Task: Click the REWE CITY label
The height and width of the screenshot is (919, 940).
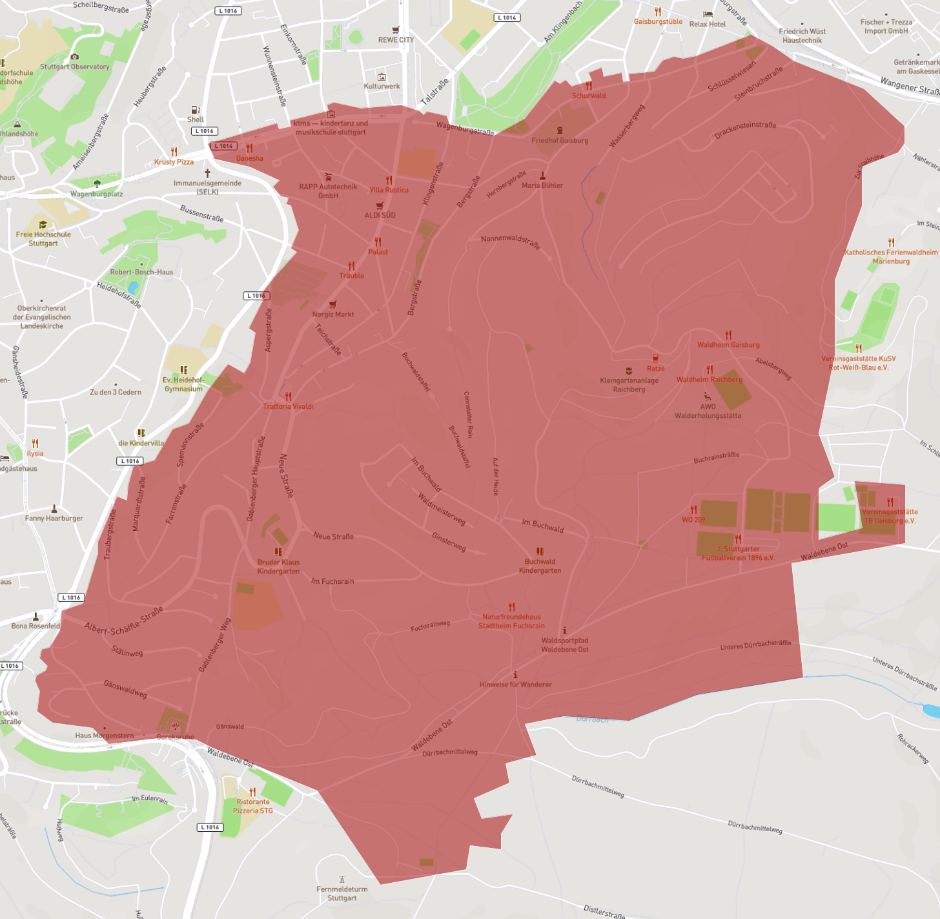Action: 396,40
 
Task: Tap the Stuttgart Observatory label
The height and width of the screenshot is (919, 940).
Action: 75,67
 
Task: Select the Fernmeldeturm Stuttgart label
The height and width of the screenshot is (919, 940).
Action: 342,894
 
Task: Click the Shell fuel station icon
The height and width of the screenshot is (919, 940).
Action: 195,110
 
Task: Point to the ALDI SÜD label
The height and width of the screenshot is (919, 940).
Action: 380,215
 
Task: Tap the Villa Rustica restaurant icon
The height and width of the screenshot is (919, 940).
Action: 389,180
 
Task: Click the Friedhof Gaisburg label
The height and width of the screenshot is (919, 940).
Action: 560,140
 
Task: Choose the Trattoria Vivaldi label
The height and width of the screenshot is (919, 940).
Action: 288,406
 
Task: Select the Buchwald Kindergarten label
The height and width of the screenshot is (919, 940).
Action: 540,566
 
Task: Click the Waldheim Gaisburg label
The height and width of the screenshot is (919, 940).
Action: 728,345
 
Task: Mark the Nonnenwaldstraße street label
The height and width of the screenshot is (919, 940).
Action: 510,242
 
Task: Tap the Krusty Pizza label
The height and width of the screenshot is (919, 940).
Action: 174,162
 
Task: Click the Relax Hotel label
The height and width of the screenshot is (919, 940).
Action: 708,24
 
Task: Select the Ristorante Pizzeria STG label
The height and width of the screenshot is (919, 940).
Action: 252,806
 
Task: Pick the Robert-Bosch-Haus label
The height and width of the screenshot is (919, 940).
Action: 141,272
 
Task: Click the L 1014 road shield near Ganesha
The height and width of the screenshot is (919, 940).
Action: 224,146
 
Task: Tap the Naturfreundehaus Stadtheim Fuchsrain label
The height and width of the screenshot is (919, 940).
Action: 511,621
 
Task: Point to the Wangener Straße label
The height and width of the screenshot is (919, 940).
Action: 910,85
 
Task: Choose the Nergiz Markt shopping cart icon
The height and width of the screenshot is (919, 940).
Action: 333,304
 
